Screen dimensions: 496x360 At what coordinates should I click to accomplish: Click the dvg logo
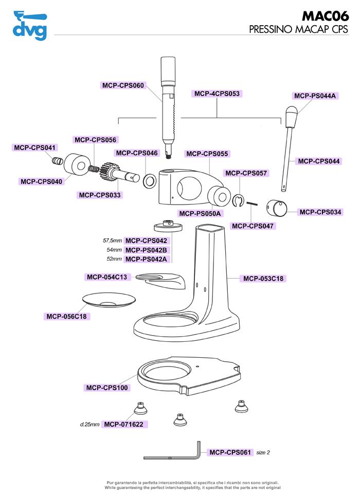click(x=30, y=25)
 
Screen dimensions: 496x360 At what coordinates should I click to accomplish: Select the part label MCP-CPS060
click(x=123, y=85)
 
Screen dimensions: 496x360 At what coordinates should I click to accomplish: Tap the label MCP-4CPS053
click(x=217, y=94)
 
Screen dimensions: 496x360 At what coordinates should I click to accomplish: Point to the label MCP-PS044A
click(x=315, y=96)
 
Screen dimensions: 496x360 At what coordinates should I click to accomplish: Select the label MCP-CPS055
click(x=207, y=154)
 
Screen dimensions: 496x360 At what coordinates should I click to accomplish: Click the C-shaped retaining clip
click(x=238, y=201)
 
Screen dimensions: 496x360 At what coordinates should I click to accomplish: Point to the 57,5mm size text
click(x=113, y=241)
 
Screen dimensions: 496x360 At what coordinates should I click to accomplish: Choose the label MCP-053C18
click(x=263, y=279)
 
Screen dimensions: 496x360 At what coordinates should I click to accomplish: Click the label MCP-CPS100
click(x=107, y=388)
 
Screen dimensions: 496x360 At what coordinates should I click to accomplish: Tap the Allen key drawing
click(x=175, y=455)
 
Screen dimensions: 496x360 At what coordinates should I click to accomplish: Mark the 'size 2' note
click(x=263, y=452)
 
